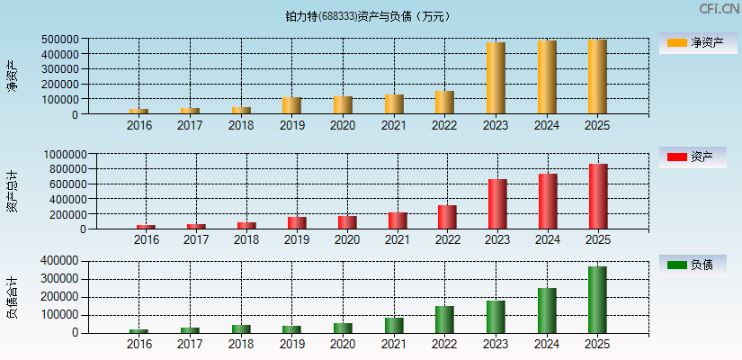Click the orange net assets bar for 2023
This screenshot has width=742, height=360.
(x=496, y=78)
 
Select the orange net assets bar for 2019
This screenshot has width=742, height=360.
(x=291, y=105)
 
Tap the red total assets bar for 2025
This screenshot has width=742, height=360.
(x=598, y=196)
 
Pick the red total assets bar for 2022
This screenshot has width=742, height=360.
(x=447, y=217)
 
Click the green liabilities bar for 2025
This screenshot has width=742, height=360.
(x=597, y=300)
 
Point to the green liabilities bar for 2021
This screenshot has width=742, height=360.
(x=394, y=325)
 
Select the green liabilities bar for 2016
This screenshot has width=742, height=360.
(x=139, y=330)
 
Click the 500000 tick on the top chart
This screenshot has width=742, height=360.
(x=60, y=40)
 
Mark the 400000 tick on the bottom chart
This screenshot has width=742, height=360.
(x=60, y=261)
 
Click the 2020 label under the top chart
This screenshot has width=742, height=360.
(x=342, y=125)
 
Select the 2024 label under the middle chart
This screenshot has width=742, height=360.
(x=548, y=240)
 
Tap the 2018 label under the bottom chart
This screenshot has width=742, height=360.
(x=240, y=345)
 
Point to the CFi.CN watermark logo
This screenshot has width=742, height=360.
(x=719, y=9)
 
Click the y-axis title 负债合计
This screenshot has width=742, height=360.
(x=13, y=297)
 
